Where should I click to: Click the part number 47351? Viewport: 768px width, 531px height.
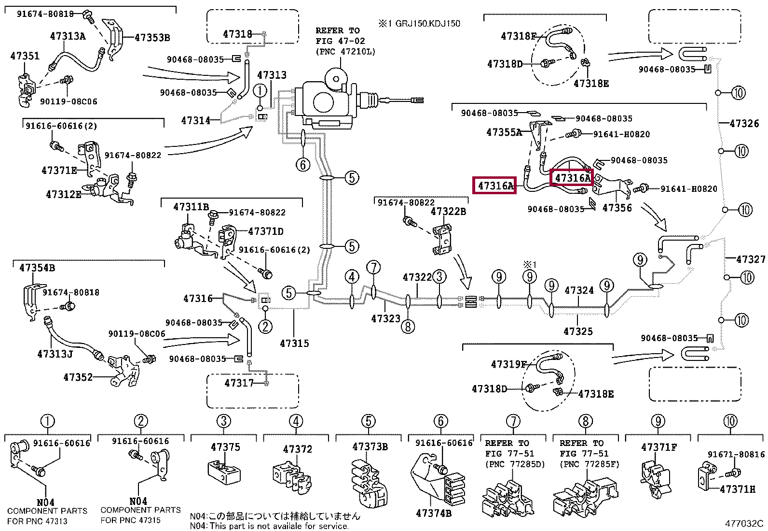25,56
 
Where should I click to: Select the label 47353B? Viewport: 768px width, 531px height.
152,37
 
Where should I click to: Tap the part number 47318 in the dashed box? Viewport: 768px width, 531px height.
237,34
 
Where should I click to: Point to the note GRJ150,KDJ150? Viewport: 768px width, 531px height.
427,23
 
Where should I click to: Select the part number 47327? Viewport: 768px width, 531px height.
751,259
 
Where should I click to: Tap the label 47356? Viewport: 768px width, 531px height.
617,208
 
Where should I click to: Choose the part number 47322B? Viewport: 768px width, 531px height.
448,212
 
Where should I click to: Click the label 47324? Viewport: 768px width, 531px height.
579,290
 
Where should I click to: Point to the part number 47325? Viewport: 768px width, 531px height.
578,331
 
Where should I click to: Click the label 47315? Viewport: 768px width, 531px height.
294,343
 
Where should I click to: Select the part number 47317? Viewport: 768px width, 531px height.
239,383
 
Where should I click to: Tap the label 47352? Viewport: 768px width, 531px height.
78,377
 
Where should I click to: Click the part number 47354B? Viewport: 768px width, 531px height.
37,268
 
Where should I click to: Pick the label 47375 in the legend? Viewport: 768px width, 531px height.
225,447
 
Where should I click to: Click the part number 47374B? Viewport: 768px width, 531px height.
433,513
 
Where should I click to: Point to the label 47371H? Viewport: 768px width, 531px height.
738,489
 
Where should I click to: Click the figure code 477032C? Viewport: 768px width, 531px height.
744,523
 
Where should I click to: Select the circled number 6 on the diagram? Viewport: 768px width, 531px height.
303,165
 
